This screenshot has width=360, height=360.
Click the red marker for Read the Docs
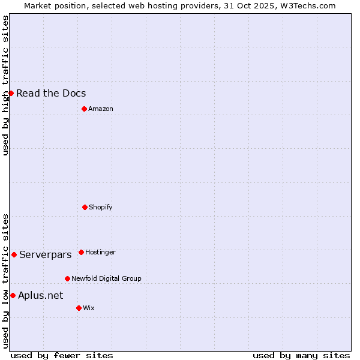click(x=11, y=93)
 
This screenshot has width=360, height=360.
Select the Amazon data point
click(x=84, y=109)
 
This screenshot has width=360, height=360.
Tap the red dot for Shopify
click(x=85, y=207)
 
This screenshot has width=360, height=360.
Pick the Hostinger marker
click(x=81, y=252)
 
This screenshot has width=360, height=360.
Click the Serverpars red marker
click(x=14, y=254)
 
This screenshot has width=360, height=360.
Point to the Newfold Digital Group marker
click(x=67, y=278)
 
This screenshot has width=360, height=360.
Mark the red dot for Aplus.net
click(x=13, y=295)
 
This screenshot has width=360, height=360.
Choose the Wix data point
click(x=79, y=308)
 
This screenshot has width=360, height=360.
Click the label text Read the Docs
click(x=51, y=93)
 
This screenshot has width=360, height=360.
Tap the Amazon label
click(x=101, y=109)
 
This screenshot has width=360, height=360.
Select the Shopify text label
click(x=101, y=207)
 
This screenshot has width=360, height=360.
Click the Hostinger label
click(x=100, y=252)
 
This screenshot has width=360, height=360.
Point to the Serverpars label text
click(x=46, y=254)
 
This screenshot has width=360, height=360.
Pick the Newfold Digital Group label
click(x=106, y=278)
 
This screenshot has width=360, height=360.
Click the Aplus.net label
click(x=40, y=295)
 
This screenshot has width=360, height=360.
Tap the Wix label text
click(x=89, y=308)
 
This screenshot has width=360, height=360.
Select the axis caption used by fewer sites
click(x=62, y=355)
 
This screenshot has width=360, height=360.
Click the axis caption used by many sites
click(x=301, y=355)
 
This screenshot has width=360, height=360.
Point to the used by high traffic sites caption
click(x=5, y=85)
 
